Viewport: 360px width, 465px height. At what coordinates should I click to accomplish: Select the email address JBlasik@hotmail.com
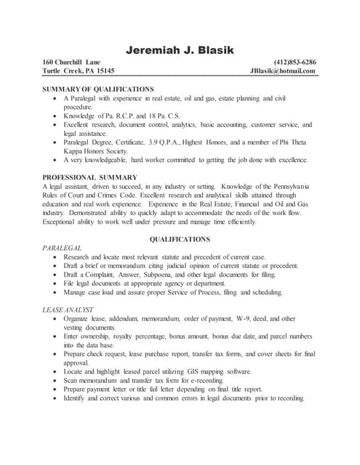(x=283, y=71)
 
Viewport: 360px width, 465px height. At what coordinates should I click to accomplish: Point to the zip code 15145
(x=102, y=71)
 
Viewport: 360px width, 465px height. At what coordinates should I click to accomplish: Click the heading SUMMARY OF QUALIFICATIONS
(x=98, y=89)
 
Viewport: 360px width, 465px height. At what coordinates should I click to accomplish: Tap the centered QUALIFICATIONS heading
(x=180, y=239)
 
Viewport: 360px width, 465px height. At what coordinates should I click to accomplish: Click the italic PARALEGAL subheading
(x=63, y=248)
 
